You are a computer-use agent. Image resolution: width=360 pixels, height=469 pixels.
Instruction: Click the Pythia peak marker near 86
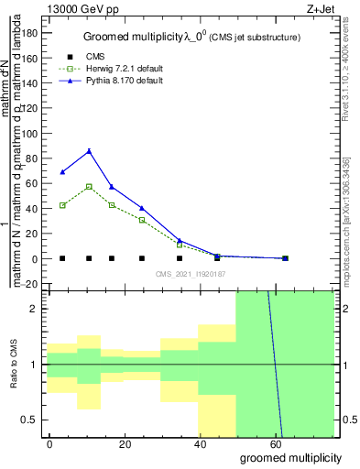[89, 151]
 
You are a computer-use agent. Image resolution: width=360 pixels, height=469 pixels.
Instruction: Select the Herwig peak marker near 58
[89, 186]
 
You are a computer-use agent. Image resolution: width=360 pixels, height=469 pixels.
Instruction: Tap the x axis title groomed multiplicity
[289, 457]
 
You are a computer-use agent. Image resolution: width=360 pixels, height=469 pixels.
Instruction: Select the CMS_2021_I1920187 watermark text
[190, 274]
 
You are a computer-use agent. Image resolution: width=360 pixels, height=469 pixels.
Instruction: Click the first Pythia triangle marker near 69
[62, 172]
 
